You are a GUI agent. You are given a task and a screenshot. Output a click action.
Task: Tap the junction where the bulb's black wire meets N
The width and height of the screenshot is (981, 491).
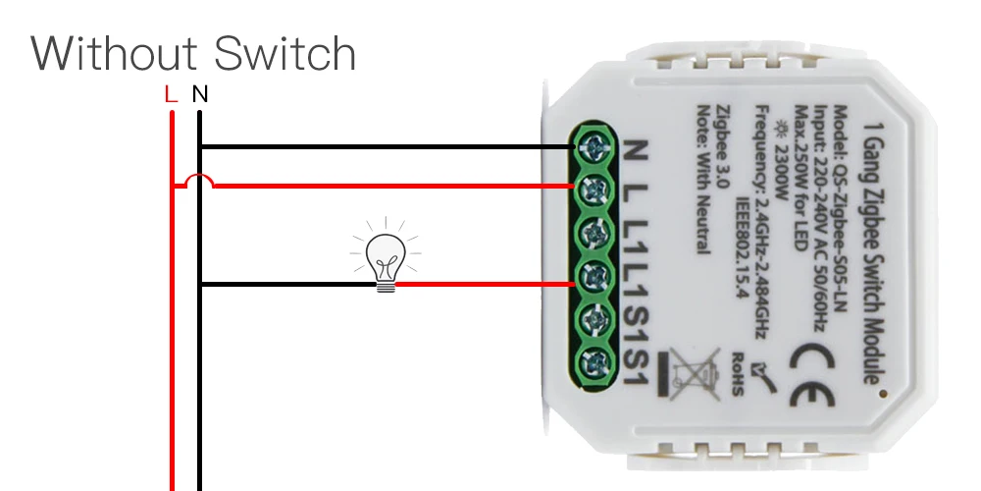pyautogui.click(x=199, y=285)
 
